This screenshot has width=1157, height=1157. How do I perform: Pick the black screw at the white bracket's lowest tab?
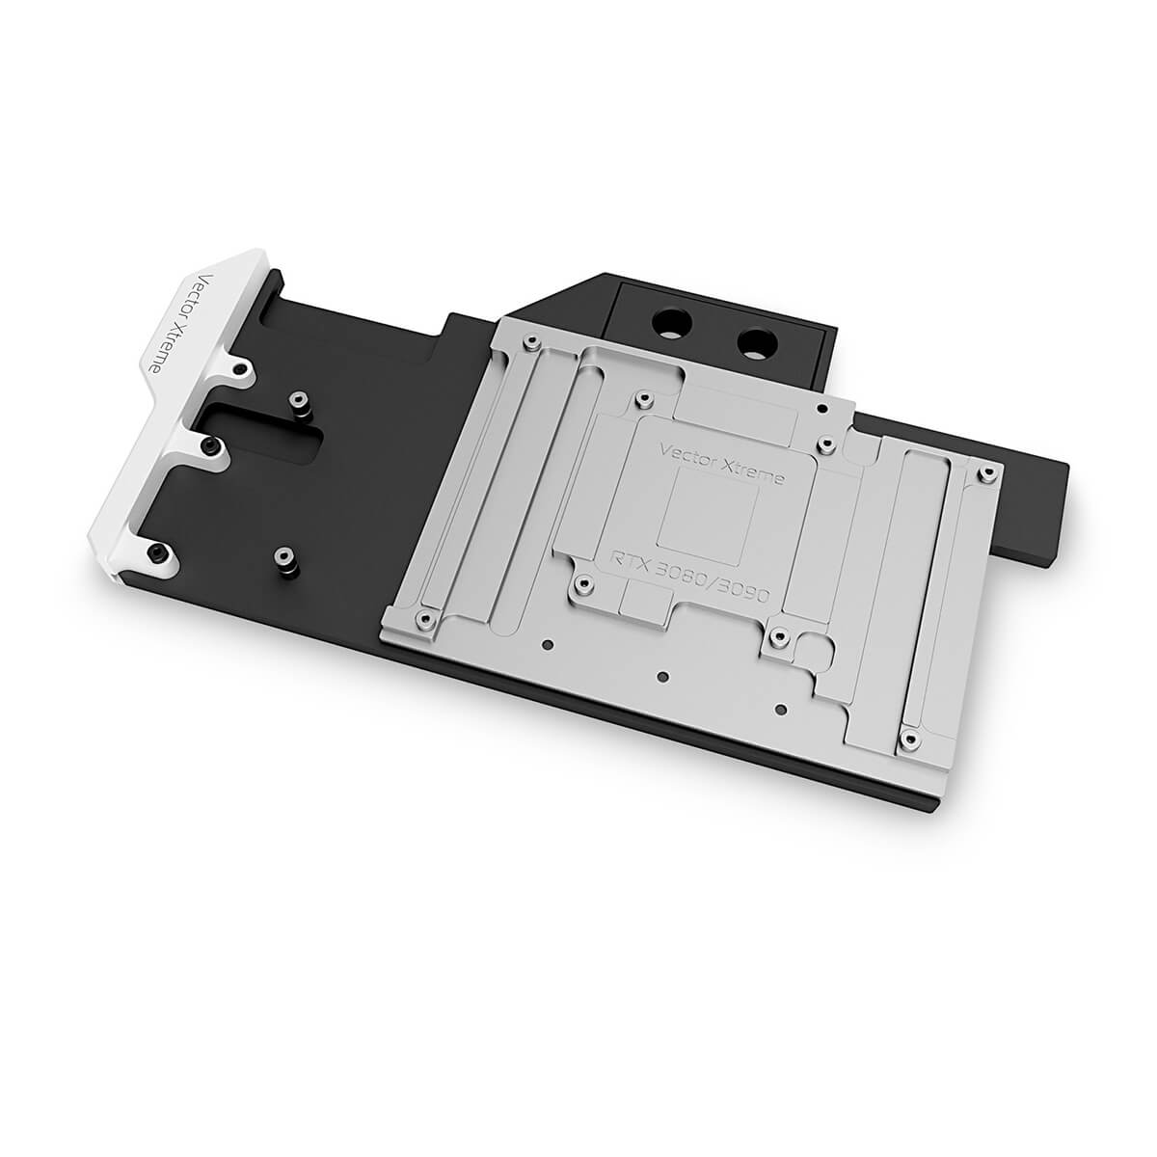pyautogui.click(x=156, y=552)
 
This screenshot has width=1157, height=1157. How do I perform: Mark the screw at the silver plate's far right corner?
pyautogui.click(x=985, y=472)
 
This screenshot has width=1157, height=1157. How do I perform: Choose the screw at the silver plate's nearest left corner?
pyautogui.click(x=420, y=616)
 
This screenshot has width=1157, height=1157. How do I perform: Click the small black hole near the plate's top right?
pyautogui.click(x=821, y=408)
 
